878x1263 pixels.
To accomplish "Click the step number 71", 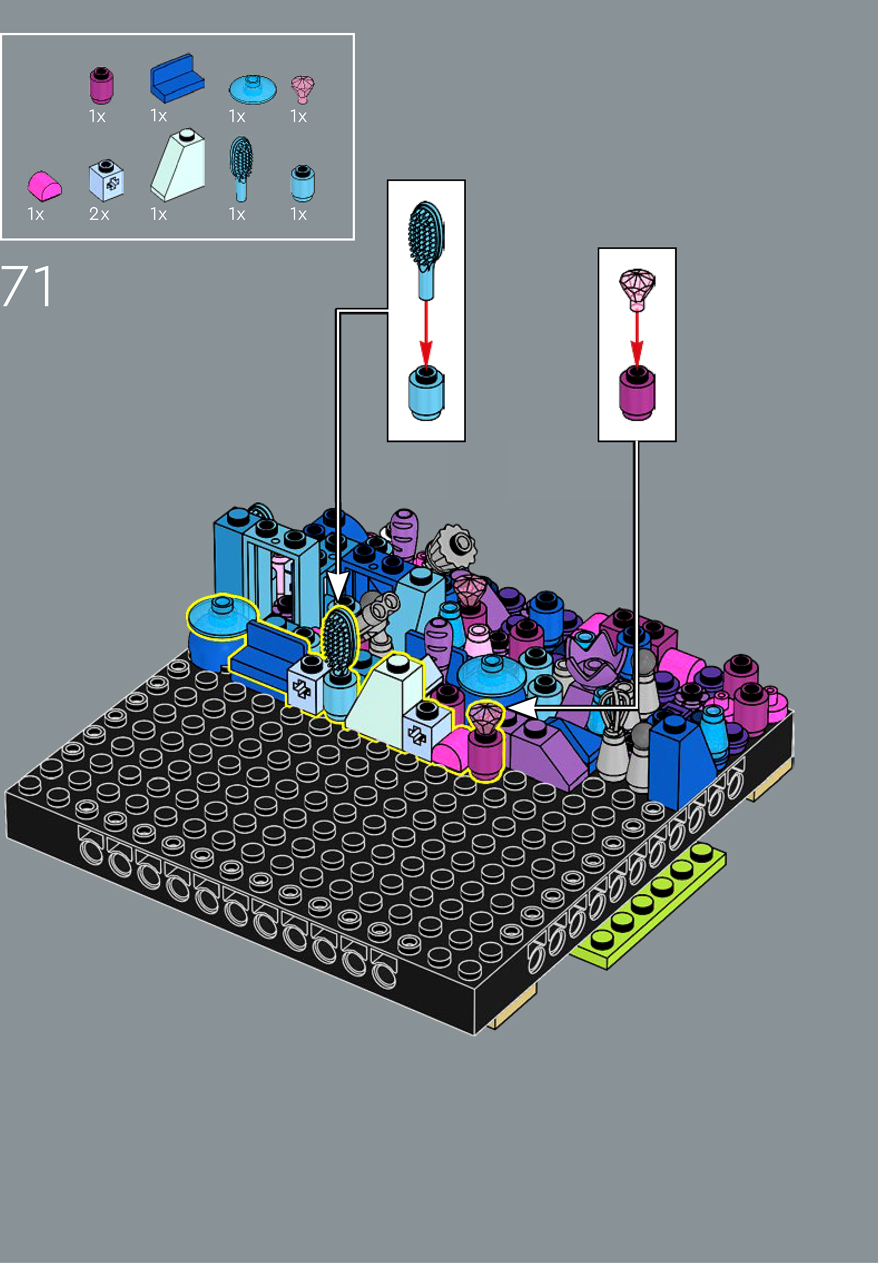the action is click(26, 286).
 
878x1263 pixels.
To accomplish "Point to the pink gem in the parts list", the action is click(302, 89).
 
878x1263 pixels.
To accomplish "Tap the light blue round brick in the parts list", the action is click(302, 183).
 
